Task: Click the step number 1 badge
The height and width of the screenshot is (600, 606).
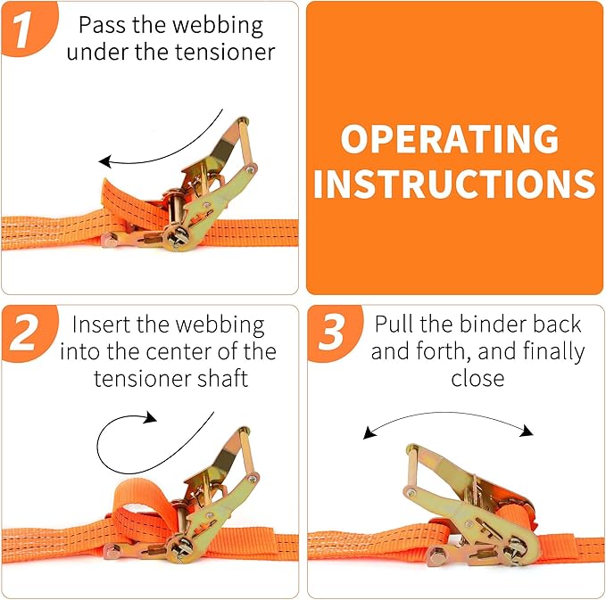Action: pyautogui.click(x=27, y=27)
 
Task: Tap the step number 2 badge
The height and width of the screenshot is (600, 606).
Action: pyautogui.click(x=27, y=335)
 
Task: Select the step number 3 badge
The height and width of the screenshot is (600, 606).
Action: pyautogui.click(x=332, y=335)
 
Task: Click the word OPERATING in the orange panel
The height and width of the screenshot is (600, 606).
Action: pyautogui.click(x=450, y=140)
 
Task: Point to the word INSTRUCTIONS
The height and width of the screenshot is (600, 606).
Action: pyautogui.click(x=454, y=184)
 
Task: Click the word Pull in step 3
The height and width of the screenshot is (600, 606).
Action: pyautogui.click(x=394, y=325)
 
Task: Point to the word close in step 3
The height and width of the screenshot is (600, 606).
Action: pyautogui.click(x=477, y=378)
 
